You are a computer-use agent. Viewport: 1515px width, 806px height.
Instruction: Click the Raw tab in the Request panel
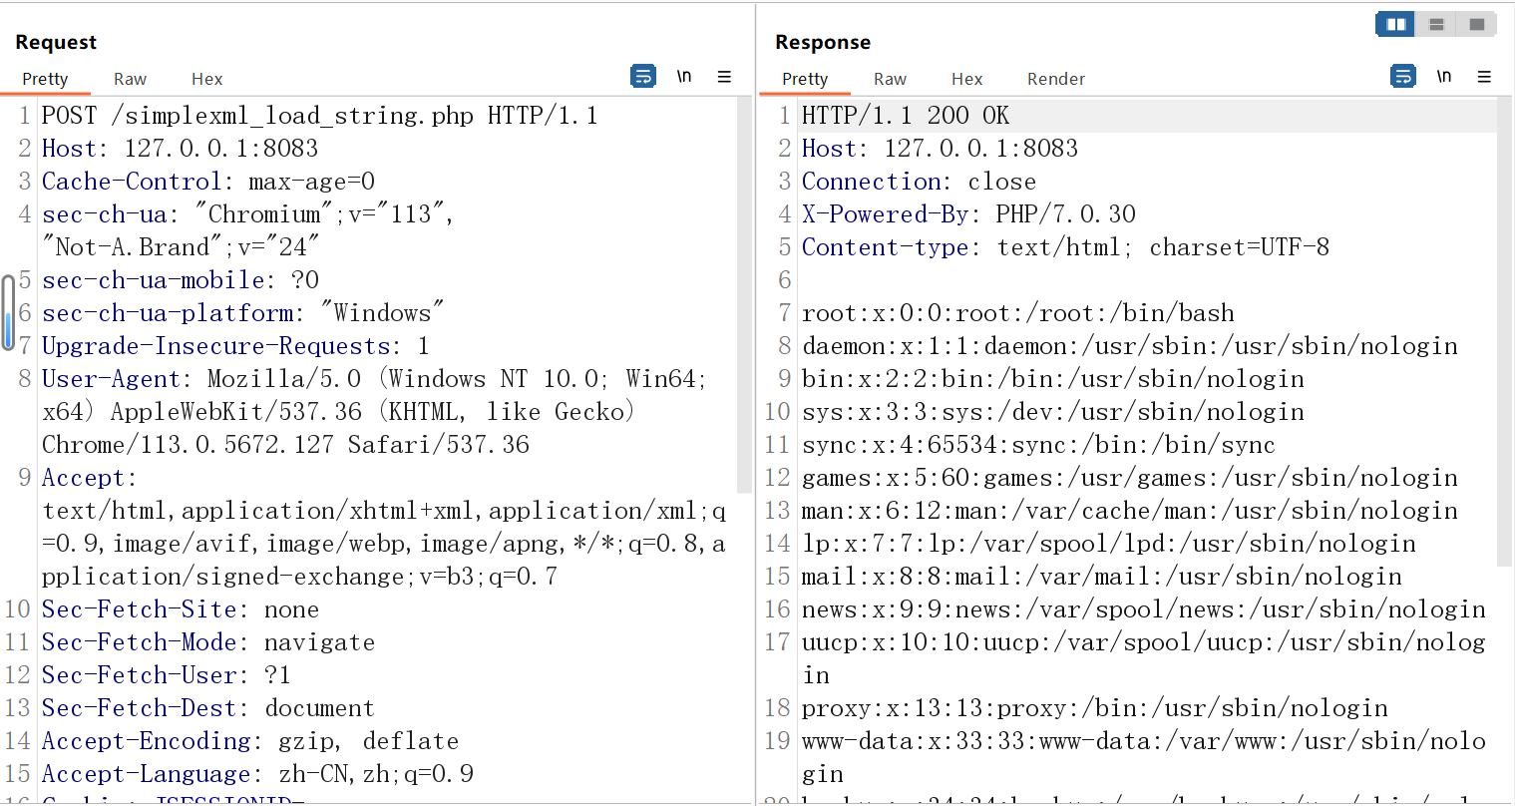[130, 79]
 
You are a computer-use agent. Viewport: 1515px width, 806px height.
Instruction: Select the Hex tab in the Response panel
[966, 79]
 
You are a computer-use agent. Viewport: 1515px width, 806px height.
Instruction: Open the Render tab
[1055, 79]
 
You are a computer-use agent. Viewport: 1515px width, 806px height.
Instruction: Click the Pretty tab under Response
[805, 79]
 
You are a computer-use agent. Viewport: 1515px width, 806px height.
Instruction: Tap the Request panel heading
[56, 42]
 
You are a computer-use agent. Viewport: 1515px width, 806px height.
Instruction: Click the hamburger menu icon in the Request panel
[724, 77]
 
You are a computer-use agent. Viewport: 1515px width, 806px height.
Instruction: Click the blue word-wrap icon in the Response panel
[1403, 77]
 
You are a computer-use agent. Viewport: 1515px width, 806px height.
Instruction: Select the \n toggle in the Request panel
[684, 77]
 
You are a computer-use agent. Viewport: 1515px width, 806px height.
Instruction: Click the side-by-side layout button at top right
[1395, 24]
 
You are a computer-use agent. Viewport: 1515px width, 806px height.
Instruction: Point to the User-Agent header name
[111, 379]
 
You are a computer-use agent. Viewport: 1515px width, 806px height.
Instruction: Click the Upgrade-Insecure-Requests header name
[215, 346]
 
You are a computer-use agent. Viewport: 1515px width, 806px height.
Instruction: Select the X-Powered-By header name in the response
[884, 214]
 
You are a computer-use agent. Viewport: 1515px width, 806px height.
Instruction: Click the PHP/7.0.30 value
[1065, 214]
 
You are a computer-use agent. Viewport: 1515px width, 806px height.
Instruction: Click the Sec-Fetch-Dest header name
[139, 708]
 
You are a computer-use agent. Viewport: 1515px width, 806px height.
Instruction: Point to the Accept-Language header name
[146, 774]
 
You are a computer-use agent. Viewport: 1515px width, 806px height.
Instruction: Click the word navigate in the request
[319, 642]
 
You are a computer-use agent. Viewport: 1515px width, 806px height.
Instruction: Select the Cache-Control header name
[131, 182]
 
